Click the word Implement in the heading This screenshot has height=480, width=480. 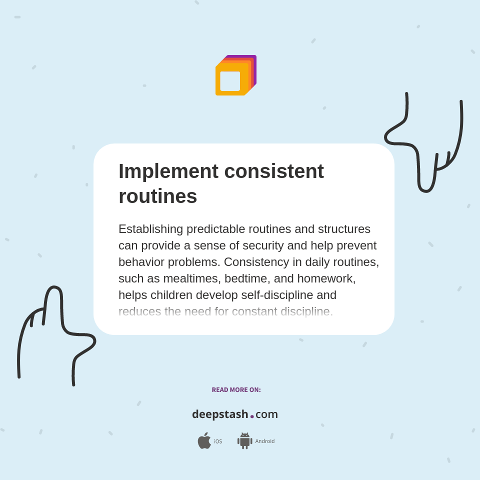coord(168,171)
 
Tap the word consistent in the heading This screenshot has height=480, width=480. coord(274,171)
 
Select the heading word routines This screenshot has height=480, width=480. coord(157,196)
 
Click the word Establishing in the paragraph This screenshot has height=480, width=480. coord(151,229)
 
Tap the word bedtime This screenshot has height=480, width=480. coord(245,278)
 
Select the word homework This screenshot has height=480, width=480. coord(325,278)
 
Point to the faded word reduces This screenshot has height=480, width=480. coord(139,311)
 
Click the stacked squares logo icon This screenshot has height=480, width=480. coord(235,75)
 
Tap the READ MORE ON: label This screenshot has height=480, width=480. coord(236,390)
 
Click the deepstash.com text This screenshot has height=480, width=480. coord(235,414)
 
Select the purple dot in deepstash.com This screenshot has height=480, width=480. coord(252,416)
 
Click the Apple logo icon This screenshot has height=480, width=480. coord(204,441)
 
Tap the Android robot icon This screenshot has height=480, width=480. coord(244,441)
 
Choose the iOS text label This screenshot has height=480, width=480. coord(218,441)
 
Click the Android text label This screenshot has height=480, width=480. coord(264,441)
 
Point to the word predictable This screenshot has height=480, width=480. coord(216,229)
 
